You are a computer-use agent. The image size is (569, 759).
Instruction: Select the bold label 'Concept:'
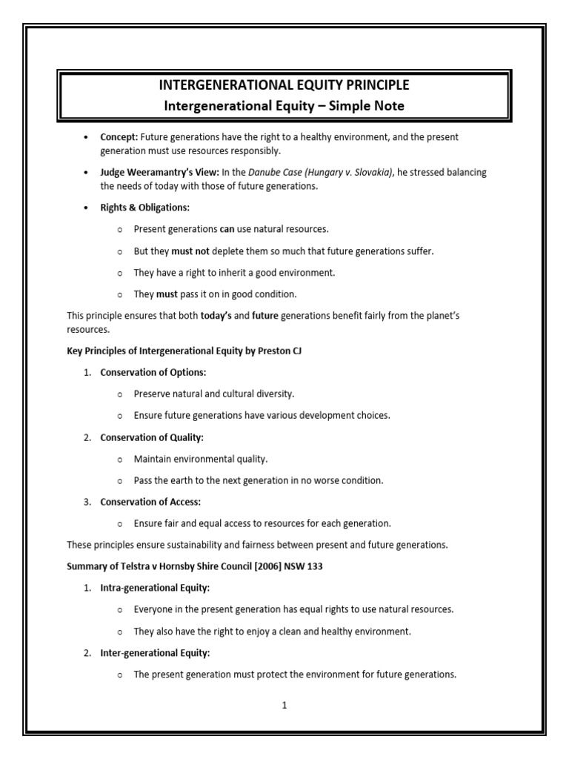pyautogui.click(x=119, y=138)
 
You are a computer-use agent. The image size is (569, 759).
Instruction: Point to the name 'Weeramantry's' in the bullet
pyautogui.click(x=162, y=173)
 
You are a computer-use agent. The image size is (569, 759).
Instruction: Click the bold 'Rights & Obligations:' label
pyautogui.click(x=144, y=208)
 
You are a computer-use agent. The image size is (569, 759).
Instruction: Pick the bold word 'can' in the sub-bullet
pyautogui.click(x=227, y=229)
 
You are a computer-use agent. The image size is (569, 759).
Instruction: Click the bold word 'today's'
pyautogui.click(x=216, y=316)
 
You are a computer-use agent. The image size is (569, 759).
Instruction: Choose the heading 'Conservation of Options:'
pyautogui.click(x=153, y=372)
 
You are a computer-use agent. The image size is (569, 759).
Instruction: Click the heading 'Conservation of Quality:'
pyautogui.click(x=152, y=437)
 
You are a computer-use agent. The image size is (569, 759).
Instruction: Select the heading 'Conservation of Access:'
pyautogui.click(x=150, y=502)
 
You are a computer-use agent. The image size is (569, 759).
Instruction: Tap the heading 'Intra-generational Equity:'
pyautogui.click(x=155, y=588)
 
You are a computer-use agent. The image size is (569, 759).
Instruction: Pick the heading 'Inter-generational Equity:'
pyautogui.click(x=155, y=653)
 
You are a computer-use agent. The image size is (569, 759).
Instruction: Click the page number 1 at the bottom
pyautogui.click(x=284, y=706)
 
